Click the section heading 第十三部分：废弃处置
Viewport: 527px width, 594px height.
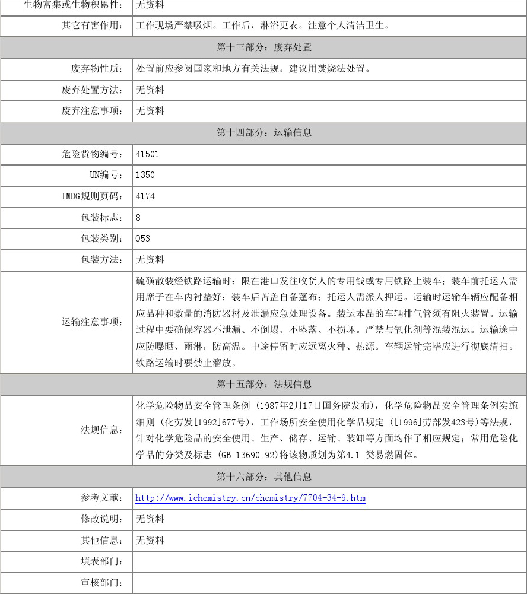[263, 47]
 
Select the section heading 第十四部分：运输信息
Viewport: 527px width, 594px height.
[263, 133]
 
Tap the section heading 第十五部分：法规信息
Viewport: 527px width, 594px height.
[263, 385]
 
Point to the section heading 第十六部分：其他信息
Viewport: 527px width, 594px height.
[263, 477]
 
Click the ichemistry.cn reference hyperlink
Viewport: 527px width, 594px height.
[250, 498]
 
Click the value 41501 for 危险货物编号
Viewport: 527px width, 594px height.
[147, 154]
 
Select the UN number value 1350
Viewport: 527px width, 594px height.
[145, 175]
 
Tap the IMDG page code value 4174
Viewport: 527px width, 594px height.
[145, 196]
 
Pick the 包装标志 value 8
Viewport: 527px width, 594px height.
[138, 218]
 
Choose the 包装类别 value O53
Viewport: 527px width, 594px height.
[143, 239]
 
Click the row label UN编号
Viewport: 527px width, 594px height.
[106, 175]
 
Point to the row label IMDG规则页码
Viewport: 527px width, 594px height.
[93, 196]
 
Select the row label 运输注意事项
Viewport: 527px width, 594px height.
[93, 322]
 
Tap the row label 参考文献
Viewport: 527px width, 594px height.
[102, 498]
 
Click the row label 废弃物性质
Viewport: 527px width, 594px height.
[97, 69]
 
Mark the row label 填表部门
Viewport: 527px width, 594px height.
[102, 561]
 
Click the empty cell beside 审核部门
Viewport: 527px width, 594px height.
[329, 583]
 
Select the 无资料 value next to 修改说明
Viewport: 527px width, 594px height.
[150, 519]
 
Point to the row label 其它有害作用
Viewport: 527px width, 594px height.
[93, 26]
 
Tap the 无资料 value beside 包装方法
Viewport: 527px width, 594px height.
[150, 260]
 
